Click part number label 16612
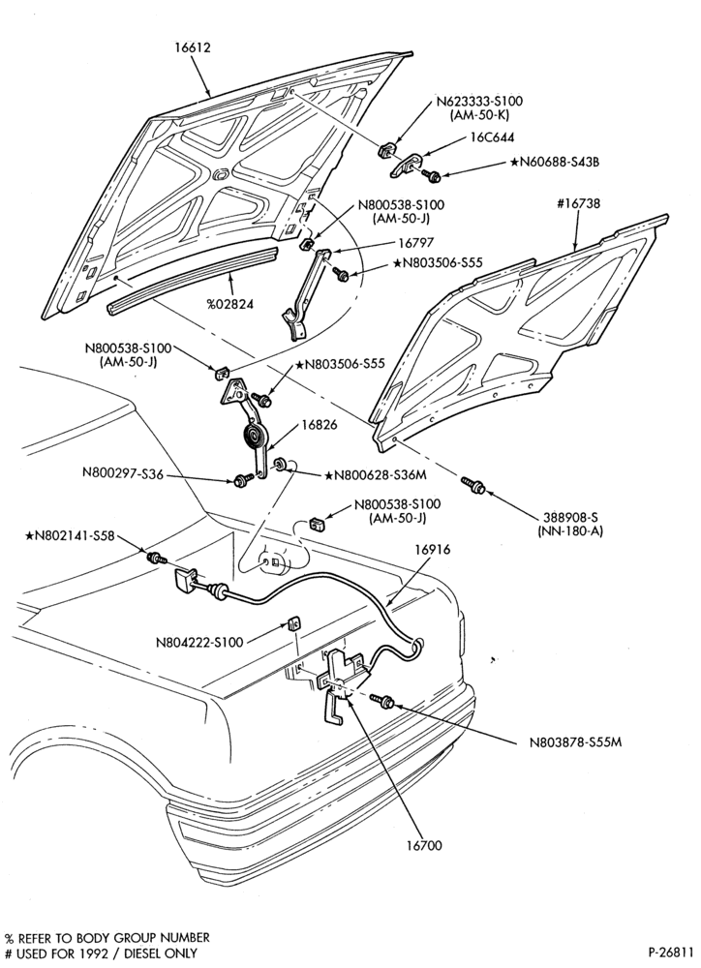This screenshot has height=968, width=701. pos(192,47)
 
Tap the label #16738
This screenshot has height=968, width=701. pos(578,203)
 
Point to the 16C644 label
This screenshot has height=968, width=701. pos(492,137)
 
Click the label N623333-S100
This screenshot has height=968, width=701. pos(479,102)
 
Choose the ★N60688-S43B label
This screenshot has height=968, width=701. pos(555,163)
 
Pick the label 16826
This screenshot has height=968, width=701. pos(320,425)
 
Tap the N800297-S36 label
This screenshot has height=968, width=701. pos(123,474)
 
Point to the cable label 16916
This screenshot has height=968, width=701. pos(433,550)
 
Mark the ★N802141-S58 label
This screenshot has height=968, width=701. pos(69,536)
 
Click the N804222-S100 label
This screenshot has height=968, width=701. pos(199,642)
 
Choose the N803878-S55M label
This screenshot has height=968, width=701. pos(575,742)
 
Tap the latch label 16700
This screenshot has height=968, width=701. pos(424,845)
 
